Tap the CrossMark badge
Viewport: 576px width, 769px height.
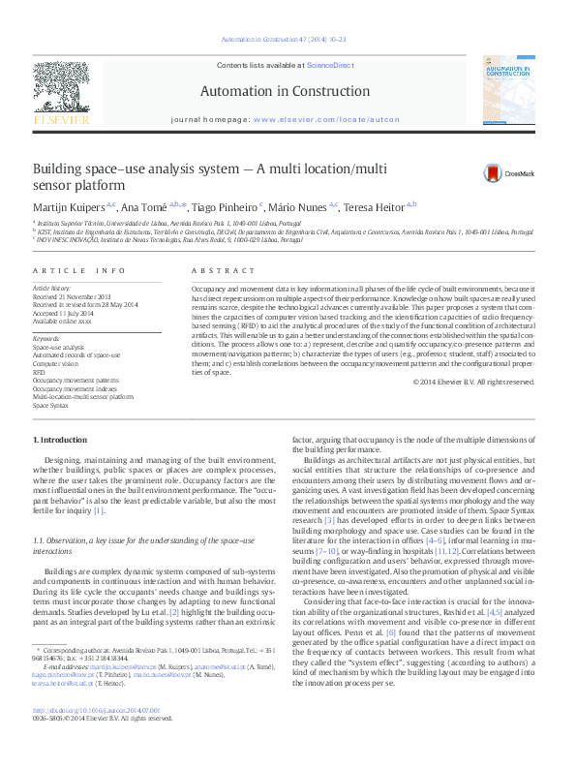(x=508, y=173)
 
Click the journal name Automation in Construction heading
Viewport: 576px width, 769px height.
(x=288, y=91)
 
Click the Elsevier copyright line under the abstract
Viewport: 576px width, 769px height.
(x=473, y=382)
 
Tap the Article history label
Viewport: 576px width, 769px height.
(x=51, y=289)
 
